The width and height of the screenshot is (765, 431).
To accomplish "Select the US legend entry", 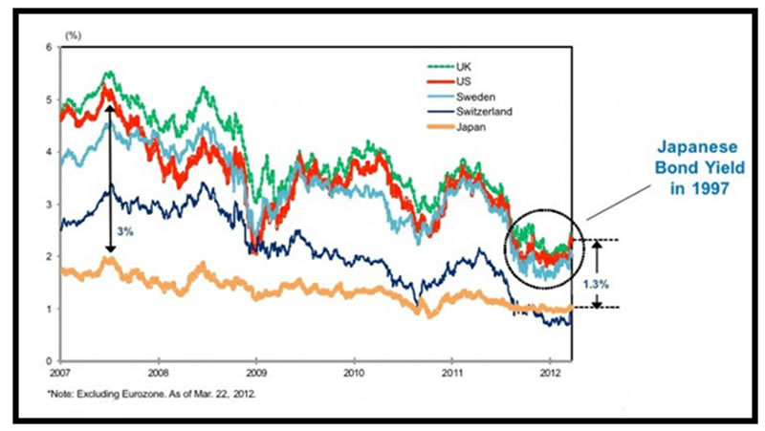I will click(x=464, y=82).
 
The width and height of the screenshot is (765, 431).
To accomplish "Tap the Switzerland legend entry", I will click(x=482, y=111).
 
